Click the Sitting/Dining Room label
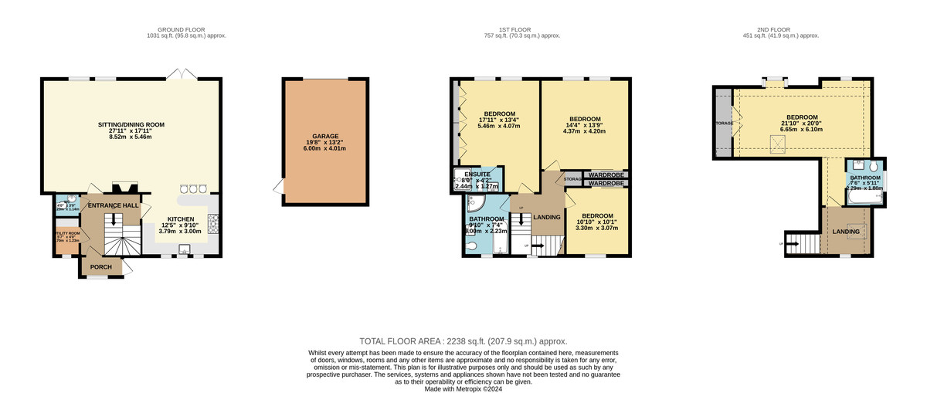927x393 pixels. point(131,124)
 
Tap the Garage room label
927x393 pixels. point(324,136)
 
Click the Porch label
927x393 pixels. point(101,267)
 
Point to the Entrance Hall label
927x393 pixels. point(112,206)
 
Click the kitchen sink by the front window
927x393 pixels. point(185,249)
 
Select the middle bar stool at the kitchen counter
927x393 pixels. point(193,188)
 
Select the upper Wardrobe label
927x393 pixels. point(605,175)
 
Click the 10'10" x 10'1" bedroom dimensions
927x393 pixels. point(597,223)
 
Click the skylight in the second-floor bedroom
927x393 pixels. point(779,141)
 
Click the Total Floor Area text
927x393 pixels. point(463,340)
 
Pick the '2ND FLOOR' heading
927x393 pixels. point(779,29)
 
